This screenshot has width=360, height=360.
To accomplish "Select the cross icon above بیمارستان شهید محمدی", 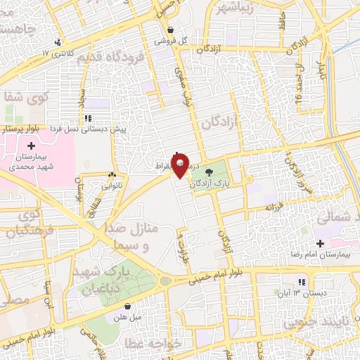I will (x=31, y=145).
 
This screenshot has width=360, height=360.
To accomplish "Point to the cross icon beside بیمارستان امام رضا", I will (x=321, y=243).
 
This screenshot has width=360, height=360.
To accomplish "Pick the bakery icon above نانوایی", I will (x=112, y=174).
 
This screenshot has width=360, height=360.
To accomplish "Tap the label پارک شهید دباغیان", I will (x=125, y=280).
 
